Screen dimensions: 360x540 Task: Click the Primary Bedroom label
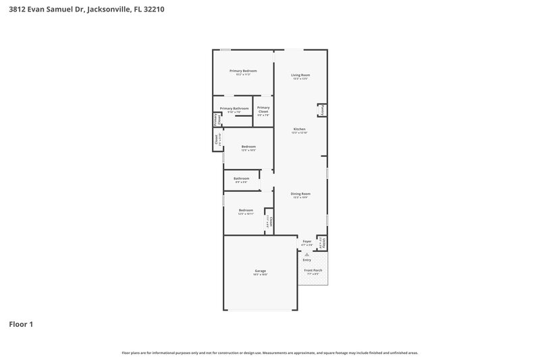pos(243,71)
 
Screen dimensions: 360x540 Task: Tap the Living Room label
pos(300,75)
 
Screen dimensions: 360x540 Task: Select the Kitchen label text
pos(299,129)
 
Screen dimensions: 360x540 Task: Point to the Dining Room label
pos(300,194)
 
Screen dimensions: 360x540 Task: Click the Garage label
pos(260,271)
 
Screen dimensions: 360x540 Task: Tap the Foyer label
pos(307,240)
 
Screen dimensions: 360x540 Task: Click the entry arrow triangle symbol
pos(306,254)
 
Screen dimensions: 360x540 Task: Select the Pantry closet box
pos(323,109)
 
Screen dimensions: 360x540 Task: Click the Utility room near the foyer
pos(323,242)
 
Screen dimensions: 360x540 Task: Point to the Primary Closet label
pos(263,109)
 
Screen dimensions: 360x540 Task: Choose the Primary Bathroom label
pos(234,108)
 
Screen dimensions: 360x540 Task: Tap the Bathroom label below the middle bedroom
pos(242,178)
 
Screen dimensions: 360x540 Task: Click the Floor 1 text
pos(21,324)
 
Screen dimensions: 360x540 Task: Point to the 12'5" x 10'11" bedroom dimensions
pos(246,214)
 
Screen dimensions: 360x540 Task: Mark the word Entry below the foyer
pos(307,260)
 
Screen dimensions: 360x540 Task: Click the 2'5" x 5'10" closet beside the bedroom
pos(217,140)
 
